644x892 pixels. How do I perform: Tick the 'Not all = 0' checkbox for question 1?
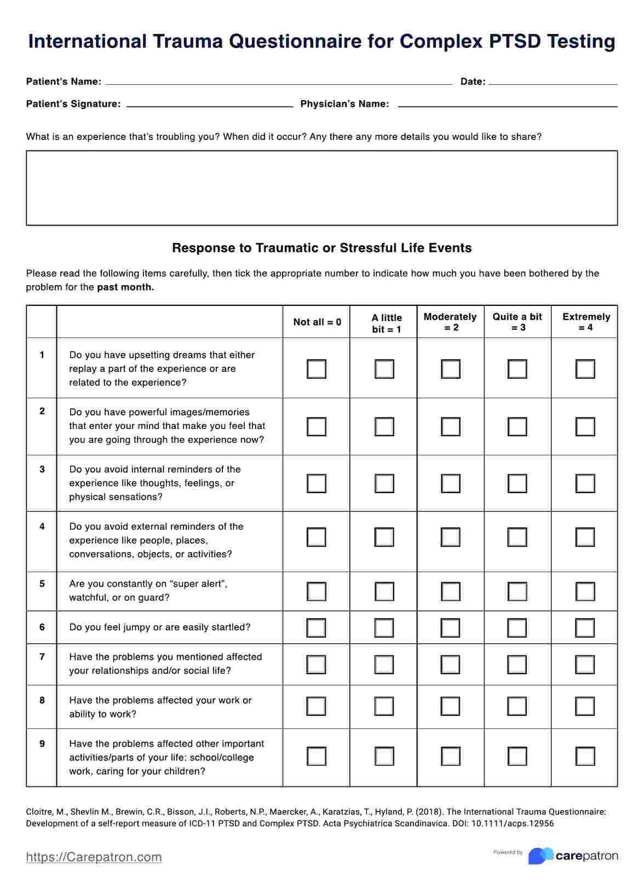pyautogui.click(x=317, y=369)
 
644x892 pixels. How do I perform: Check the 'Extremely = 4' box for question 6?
pyautogui.click(x=585, y=628)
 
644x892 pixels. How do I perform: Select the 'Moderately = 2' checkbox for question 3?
pyautogui.click(x=451, y=483)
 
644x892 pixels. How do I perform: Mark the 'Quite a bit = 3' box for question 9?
pyautogui.click(x=517, y=756)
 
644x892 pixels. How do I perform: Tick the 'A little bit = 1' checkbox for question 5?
pyautogui.click(x=384, y=592)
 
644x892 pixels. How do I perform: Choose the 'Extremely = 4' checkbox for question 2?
pyautogui.click(x=585, y=426)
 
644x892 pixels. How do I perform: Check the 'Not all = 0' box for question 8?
pyautogui.click(x=317, y=706)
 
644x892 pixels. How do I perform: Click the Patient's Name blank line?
pyautogui.click(x=278, y=82)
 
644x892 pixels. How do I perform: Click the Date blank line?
pyautogui.click(x=553, y=82)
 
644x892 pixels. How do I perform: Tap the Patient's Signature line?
pyautogui.click(x=210, y=104)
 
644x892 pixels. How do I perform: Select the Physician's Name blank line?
pyautogui.click(x=507, y=104)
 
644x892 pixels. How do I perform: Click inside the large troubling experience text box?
pyautogui.click(x=322, y=188)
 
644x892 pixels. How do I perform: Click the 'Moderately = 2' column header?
pyautogui.click(x=450, y=322)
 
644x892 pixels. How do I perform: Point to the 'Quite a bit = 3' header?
pyautogui.click(x=517, y=322)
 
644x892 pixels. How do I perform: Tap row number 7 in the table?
pyautogui.click(x=42, y=657)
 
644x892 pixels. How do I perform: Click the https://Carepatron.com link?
pyautogui.click(x=94, y=857)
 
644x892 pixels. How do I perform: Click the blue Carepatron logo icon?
pyautogui.click(x=540, y=856)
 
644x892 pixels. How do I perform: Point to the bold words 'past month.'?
pyautogui.click(x=125, y=287)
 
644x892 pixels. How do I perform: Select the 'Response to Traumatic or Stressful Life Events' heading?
pyautogui.click(x=322, y=248)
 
